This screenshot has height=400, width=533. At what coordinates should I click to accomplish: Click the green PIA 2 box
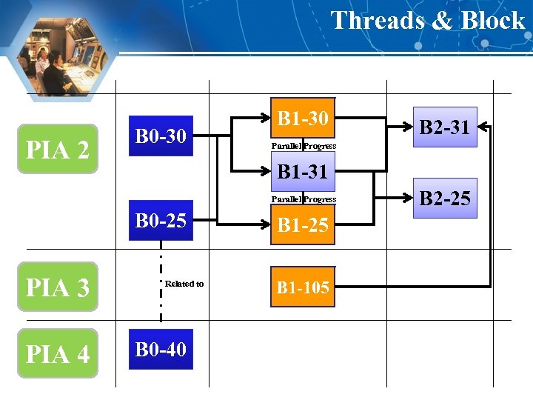[x=58, y=149]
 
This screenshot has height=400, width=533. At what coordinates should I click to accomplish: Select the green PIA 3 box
[x=58, y=286]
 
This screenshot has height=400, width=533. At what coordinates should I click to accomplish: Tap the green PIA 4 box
[x=58, y=353]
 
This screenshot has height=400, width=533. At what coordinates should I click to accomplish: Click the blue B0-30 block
[x=161, y=136]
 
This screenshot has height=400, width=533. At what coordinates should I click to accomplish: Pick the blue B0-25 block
[x=161, y=220]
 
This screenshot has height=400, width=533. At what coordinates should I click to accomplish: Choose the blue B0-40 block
[x=161, y=349]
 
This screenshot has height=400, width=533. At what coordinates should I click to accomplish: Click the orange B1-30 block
[x=303, y=118]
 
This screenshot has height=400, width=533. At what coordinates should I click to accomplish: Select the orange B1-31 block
[x=303, y=173]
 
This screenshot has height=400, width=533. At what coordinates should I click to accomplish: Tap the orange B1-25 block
[x=303, y=224]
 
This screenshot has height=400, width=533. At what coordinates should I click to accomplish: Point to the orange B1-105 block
[x=303, y=287]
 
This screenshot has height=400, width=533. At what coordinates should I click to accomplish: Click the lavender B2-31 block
[x=445, y=127]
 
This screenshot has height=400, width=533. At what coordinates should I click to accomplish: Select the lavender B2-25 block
[x=445, y=198]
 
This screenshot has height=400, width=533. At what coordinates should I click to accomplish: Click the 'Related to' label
[x=184, y=284]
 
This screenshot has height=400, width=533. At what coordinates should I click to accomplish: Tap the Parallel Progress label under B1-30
[x=304, y=146]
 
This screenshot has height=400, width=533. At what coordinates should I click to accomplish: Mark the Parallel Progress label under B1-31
[x=304, y=199]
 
